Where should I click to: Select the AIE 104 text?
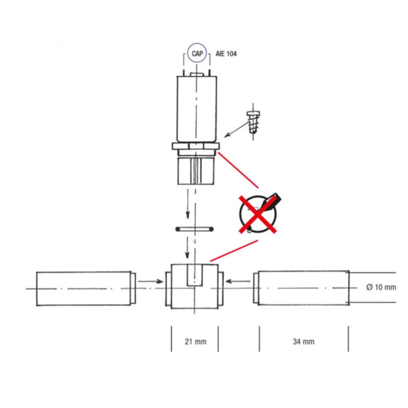click(225, 55)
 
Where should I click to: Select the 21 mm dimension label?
click(195, 341)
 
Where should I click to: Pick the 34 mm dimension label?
click(304, 341)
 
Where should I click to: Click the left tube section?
click(84, 288)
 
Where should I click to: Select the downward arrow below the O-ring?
click(187, 249)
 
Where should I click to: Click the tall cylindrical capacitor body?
click(195, 109)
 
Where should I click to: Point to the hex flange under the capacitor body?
click(195, 147)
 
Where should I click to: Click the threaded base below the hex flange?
click(195, 169)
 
